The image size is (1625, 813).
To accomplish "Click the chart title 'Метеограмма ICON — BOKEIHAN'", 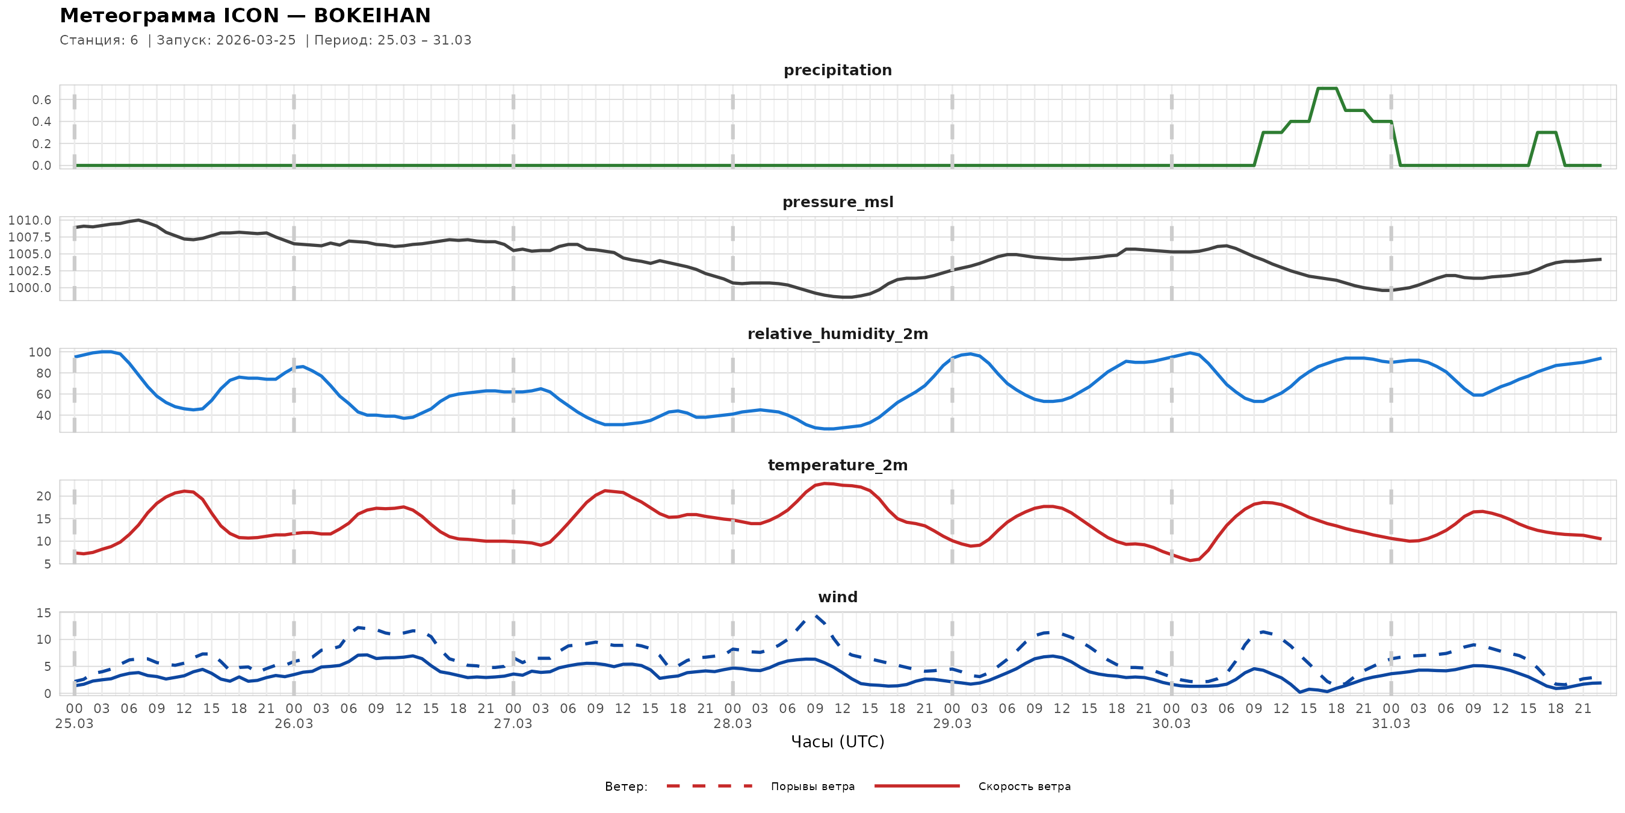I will coord(245,15).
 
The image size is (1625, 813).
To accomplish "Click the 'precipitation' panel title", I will coord(837,70).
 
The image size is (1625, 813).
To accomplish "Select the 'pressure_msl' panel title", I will coord(837,202).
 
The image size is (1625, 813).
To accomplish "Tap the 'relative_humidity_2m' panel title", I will coord(837,334).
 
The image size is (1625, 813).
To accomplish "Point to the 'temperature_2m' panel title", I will coord(837,465).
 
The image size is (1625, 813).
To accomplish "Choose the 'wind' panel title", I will coord(837,597).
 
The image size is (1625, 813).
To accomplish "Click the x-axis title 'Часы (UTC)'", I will coord(837,742).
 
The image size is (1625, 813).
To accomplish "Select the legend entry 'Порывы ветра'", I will coord(812,787).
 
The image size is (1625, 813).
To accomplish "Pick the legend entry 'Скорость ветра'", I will coord(1024,787).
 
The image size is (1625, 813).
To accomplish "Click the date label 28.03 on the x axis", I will coord(732,724).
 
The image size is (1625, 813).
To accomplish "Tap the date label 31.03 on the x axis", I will coord(1390,724).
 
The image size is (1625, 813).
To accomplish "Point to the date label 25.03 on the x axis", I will coord(75,724).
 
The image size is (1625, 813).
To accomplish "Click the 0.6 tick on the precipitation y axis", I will coord(42,100).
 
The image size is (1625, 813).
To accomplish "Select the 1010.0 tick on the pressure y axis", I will coord(29,220).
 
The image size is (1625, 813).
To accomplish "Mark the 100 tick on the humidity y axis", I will coord(40,352).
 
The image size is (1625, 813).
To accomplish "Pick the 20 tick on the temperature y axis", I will coord(43,496).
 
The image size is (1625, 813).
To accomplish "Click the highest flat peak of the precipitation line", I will coord(1326,89).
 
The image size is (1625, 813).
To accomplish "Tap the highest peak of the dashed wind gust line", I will coord(815,615).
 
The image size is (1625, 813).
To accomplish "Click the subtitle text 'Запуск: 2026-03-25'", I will coord(226,40).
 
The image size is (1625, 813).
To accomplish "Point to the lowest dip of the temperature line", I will coord(1190,561).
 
